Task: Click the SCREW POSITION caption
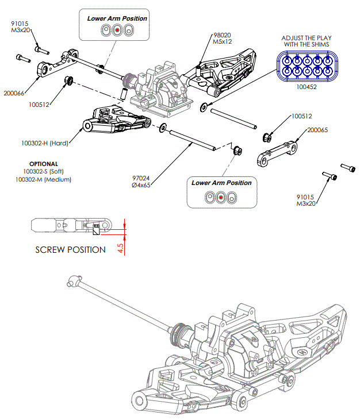tap(70, 250)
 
